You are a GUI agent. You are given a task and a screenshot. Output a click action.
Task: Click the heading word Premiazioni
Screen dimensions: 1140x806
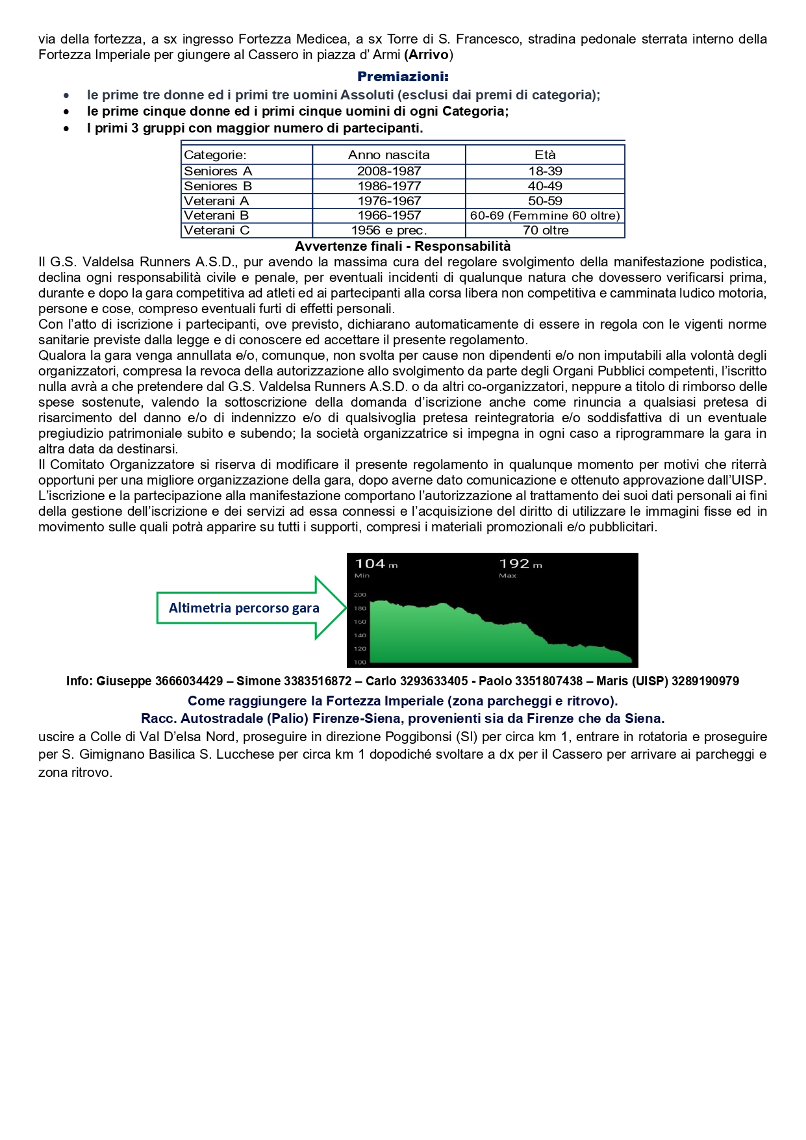(403, 77)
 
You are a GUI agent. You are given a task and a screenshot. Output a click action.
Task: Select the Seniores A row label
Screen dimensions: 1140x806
(218, 171)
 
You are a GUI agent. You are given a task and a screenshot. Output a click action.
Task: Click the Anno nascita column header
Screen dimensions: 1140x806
(388, 155)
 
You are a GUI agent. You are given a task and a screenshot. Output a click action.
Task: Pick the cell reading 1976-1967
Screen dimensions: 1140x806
(389, 201)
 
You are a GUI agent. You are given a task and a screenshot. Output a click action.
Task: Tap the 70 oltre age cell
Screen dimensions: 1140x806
(545, 230)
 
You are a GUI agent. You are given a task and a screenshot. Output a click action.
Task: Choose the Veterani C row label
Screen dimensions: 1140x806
(216, 230)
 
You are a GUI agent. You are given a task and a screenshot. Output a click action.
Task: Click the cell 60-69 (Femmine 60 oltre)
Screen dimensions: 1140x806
(545, 215)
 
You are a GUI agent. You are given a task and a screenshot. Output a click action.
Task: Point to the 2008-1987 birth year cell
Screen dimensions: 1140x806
(389, 171)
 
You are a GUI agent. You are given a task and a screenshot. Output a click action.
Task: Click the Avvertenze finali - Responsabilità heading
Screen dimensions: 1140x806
(403, 246)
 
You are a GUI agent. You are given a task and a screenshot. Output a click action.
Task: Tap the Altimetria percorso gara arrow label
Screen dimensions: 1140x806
(244, 608)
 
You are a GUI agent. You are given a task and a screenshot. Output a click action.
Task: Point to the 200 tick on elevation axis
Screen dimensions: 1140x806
(360, 594)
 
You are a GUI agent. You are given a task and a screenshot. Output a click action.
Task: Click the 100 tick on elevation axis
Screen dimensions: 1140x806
(360, 662)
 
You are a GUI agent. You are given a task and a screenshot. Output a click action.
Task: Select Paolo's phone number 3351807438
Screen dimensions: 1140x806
(549, 681)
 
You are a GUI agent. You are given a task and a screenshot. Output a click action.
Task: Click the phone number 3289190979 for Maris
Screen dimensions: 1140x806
(705, 681)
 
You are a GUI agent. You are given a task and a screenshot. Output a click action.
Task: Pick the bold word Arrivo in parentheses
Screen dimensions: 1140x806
(429, 55)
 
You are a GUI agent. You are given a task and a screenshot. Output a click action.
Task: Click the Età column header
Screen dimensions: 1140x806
(545, 155)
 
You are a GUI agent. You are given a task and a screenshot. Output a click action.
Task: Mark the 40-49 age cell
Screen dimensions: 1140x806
(545, 186)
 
